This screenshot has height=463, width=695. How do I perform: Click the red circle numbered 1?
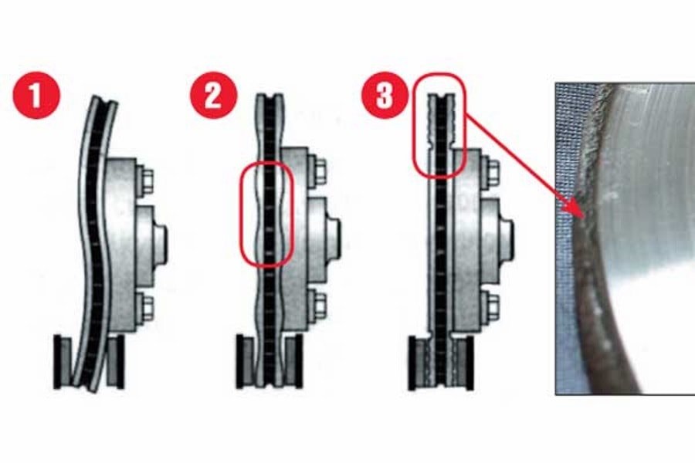(36, 95)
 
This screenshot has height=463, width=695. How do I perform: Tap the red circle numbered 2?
(214, 95)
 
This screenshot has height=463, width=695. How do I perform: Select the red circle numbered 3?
(385, 95)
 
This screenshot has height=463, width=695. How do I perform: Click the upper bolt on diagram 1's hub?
(144, 180)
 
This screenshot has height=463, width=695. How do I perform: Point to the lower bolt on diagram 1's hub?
(144, 308)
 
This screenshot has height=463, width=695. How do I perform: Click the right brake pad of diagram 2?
(294, 361)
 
